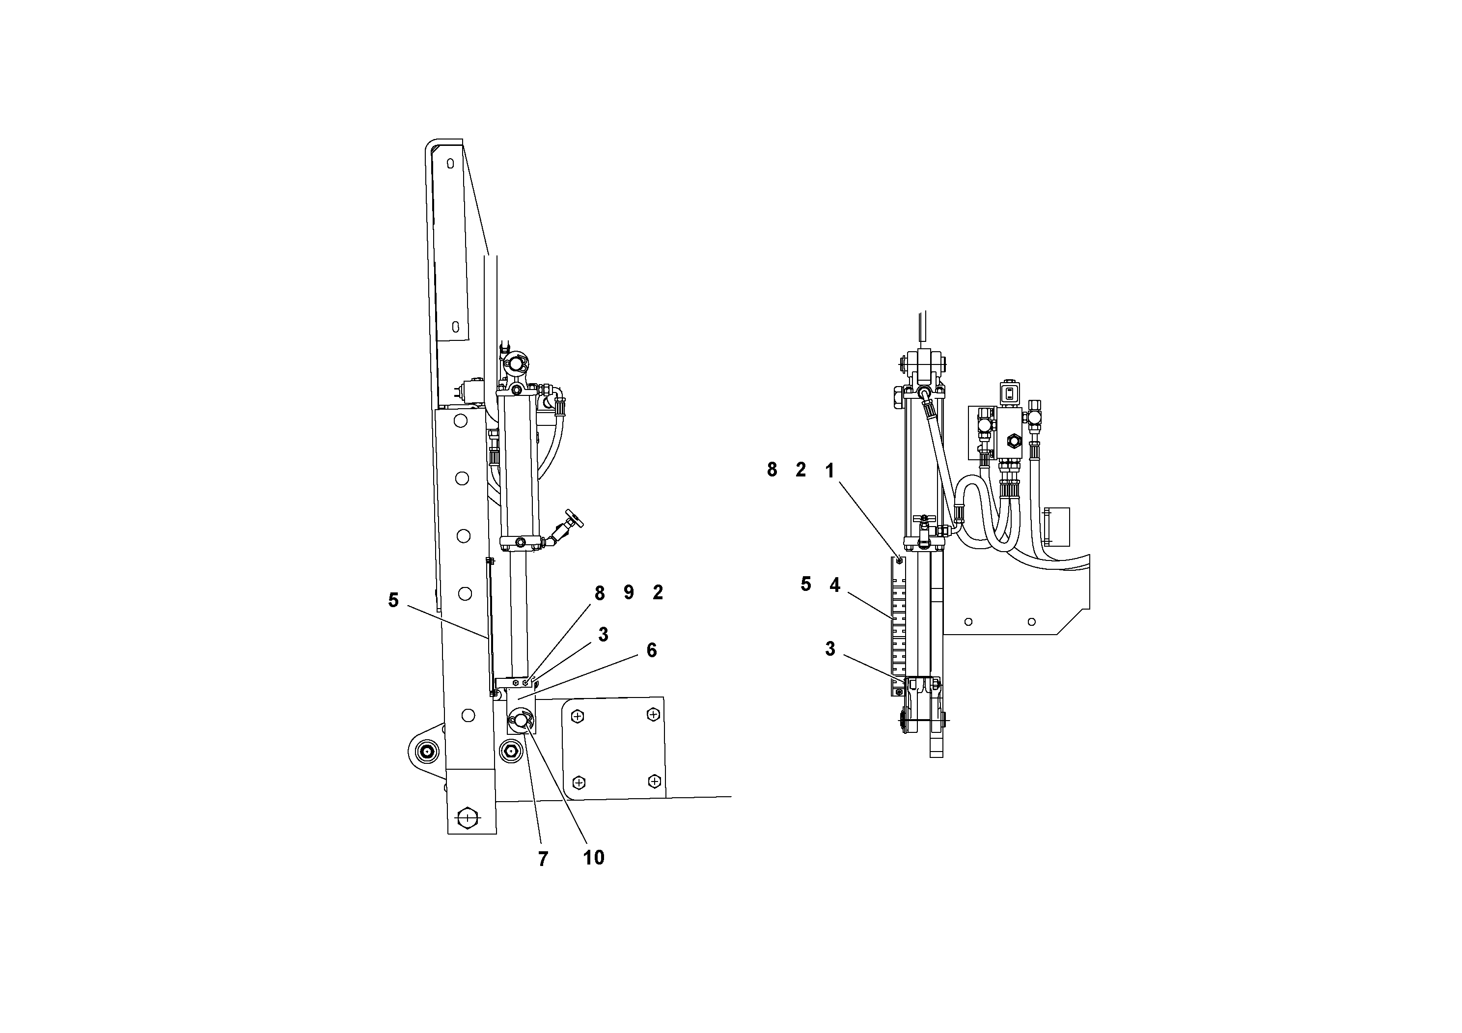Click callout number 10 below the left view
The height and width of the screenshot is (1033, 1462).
point(593,858)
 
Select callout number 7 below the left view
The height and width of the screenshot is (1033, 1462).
point(543,860)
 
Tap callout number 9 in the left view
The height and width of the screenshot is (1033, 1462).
point(629,593)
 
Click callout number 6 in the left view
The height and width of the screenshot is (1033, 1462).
point(651,650)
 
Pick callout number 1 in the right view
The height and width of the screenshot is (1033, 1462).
point(829,471)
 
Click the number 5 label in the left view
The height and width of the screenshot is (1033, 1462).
point(393,600)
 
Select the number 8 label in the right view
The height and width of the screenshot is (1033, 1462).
point(772,470)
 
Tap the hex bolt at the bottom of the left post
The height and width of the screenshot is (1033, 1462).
point(468,817)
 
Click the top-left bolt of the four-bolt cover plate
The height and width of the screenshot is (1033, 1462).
point(578,717)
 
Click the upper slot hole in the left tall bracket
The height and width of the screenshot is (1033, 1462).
point(450,165)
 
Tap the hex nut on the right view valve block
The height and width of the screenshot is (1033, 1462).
point(1013,440)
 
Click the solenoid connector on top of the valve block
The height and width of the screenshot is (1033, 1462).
point(1008,393)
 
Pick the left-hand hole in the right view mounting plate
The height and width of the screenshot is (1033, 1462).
point(968,621)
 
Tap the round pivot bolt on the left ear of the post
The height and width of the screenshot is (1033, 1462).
point(425,752)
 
